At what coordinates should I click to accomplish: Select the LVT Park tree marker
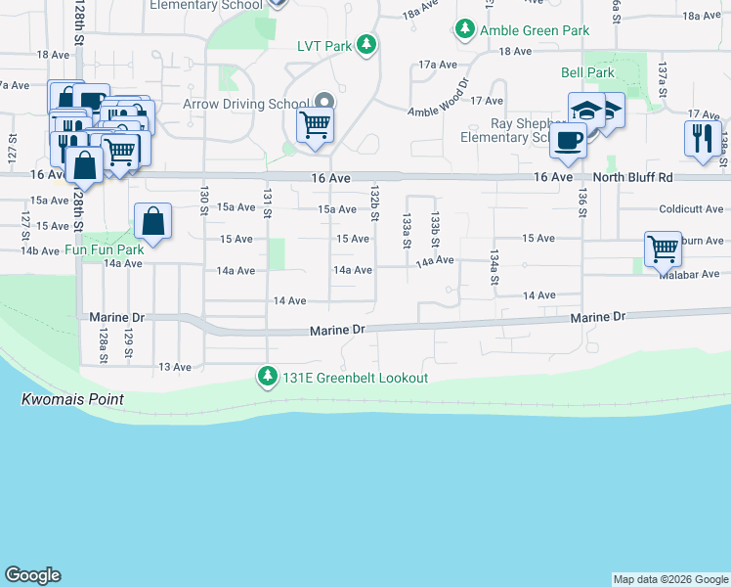pos(365,45)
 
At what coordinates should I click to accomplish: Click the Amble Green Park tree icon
pos(465,30)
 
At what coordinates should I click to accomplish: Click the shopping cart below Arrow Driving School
pos(316,125)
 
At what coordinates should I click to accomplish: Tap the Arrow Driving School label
pos(246,104)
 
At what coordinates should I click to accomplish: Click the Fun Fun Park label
pos(105,249)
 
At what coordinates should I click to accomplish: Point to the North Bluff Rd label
pos(633,178)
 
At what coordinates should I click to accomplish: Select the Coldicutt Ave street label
pos(691,209)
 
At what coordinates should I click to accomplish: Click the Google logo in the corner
pos(32,575)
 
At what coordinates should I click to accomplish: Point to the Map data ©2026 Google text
pos(670,579)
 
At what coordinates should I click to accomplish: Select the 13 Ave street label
pos(175,367)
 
